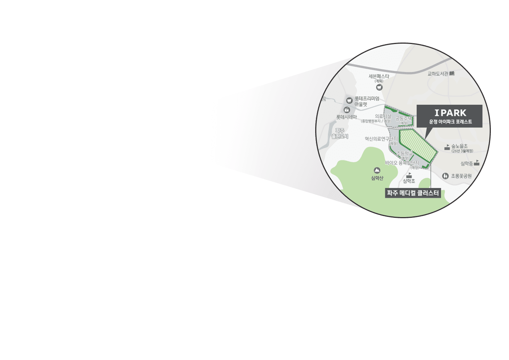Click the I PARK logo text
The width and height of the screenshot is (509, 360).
450,113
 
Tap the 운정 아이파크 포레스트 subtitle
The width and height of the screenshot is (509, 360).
450,122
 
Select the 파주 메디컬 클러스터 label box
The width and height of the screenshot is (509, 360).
413,193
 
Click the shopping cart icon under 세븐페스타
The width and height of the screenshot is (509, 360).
380,87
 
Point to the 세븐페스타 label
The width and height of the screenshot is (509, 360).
379,76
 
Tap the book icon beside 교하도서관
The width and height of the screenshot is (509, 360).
452,73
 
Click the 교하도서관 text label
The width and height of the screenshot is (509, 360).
438,74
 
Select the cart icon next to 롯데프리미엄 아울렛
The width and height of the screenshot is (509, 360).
349,100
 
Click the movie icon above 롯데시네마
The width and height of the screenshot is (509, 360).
346,110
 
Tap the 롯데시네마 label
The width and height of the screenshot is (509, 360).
346,117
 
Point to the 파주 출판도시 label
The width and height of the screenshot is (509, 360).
340,133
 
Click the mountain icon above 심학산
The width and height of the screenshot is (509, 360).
377,170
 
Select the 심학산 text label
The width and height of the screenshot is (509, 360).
377,178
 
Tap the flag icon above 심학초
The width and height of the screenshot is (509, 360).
409,175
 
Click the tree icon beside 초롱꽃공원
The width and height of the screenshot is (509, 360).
445,176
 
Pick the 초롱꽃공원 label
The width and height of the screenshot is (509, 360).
461,176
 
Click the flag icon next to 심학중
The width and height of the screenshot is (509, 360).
477,163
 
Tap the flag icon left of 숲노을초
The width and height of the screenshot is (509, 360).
447,147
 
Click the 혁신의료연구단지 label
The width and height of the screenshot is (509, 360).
381,139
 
